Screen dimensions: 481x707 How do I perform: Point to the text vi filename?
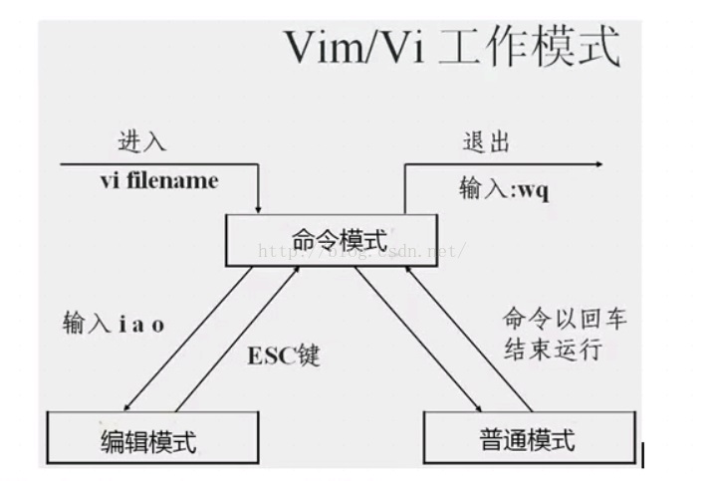158,180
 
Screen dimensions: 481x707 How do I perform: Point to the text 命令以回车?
565,321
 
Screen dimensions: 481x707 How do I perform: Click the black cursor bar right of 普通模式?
643,455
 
